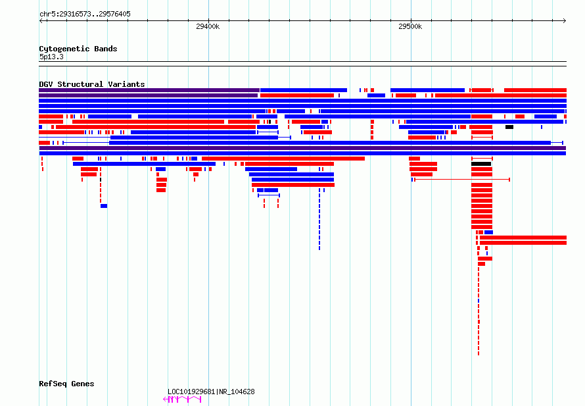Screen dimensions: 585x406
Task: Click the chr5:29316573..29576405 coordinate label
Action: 85,14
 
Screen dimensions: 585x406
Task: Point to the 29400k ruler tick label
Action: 208,26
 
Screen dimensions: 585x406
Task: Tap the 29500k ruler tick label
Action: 410,26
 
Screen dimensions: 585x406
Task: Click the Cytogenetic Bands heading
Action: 78,49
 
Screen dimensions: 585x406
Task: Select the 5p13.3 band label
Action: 51,57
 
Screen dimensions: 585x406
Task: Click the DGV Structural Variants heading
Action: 92,84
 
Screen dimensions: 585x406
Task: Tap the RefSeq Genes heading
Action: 66,384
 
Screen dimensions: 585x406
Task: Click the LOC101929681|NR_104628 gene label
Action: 211,392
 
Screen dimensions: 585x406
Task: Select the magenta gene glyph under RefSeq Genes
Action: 183,399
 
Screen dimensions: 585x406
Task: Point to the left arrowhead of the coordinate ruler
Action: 40,21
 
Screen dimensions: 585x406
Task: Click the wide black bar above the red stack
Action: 481,164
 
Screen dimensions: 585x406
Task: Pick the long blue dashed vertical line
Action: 319,219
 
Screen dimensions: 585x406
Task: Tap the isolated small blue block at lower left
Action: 104,206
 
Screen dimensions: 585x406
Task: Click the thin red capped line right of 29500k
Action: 462,180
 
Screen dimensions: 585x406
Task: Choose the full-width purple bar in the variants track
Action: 302,148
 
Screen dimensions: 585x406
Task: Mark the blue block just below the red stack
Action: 489,232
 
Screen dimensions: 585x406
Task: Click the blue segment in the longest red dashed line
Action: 479,301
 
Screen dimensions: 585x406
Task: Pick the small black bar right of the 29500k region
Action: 509,127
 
